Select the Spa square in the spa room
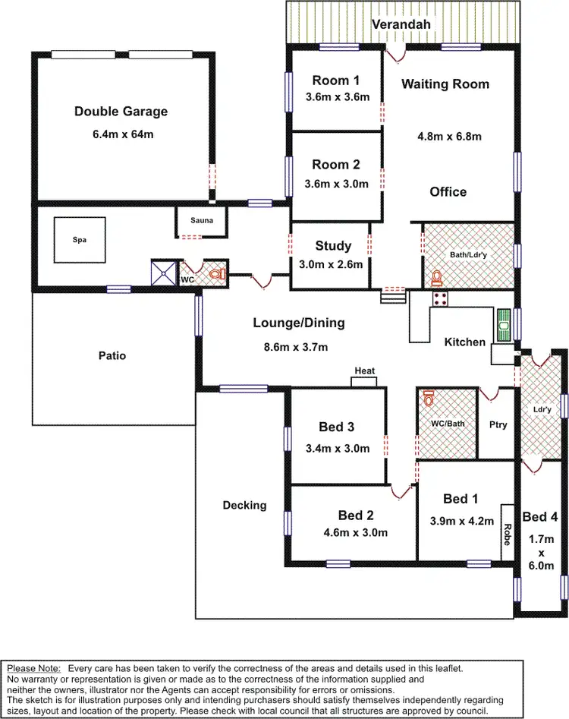tap(80, 239)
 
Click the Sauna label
tap(202, 221)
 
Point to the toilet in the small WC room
tap(215, 273)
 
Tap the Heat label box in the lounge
tap(365, 371)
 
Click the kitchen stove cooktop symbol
tap(440, 298)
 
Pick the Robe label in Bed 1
tap(506, 534)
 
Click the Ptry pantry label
tap(498, 425)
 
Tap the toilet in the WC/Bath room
tap(429, 398)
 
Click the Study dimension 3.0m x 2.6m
tap(332, 265)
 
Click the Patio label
tap(112, 355)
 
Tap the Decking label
tap(244, 505)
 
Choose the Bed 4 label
tap(541, 517)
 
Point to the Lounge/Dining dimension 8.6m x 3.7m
tap(291, 348)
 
